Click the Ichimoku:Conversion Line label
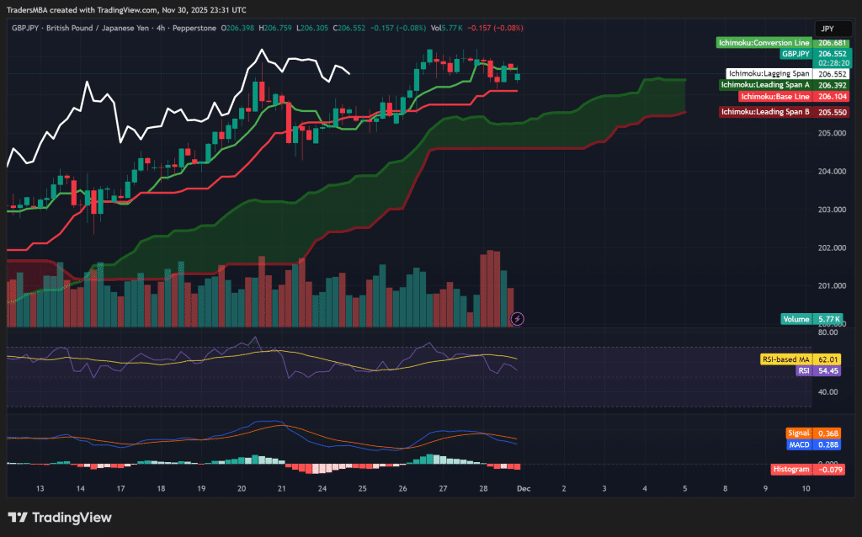(764, 42)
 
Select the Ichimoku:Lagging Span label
(769, 73)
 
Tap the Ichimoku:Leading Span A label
(765, 85)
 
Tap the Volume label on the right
(796, 319)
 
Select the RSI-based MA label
(785, 359)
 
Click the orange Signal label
(799, 433)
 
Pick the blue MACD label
(799, 444)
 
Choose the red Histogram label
(791, 469)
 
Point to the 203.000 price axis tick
(831, 210)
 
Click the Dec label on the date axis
(523, 488)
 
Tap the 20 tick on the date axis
(242, 488)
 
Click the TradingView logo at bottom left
(60, 518)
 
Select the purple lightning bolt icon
(518, 319)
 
